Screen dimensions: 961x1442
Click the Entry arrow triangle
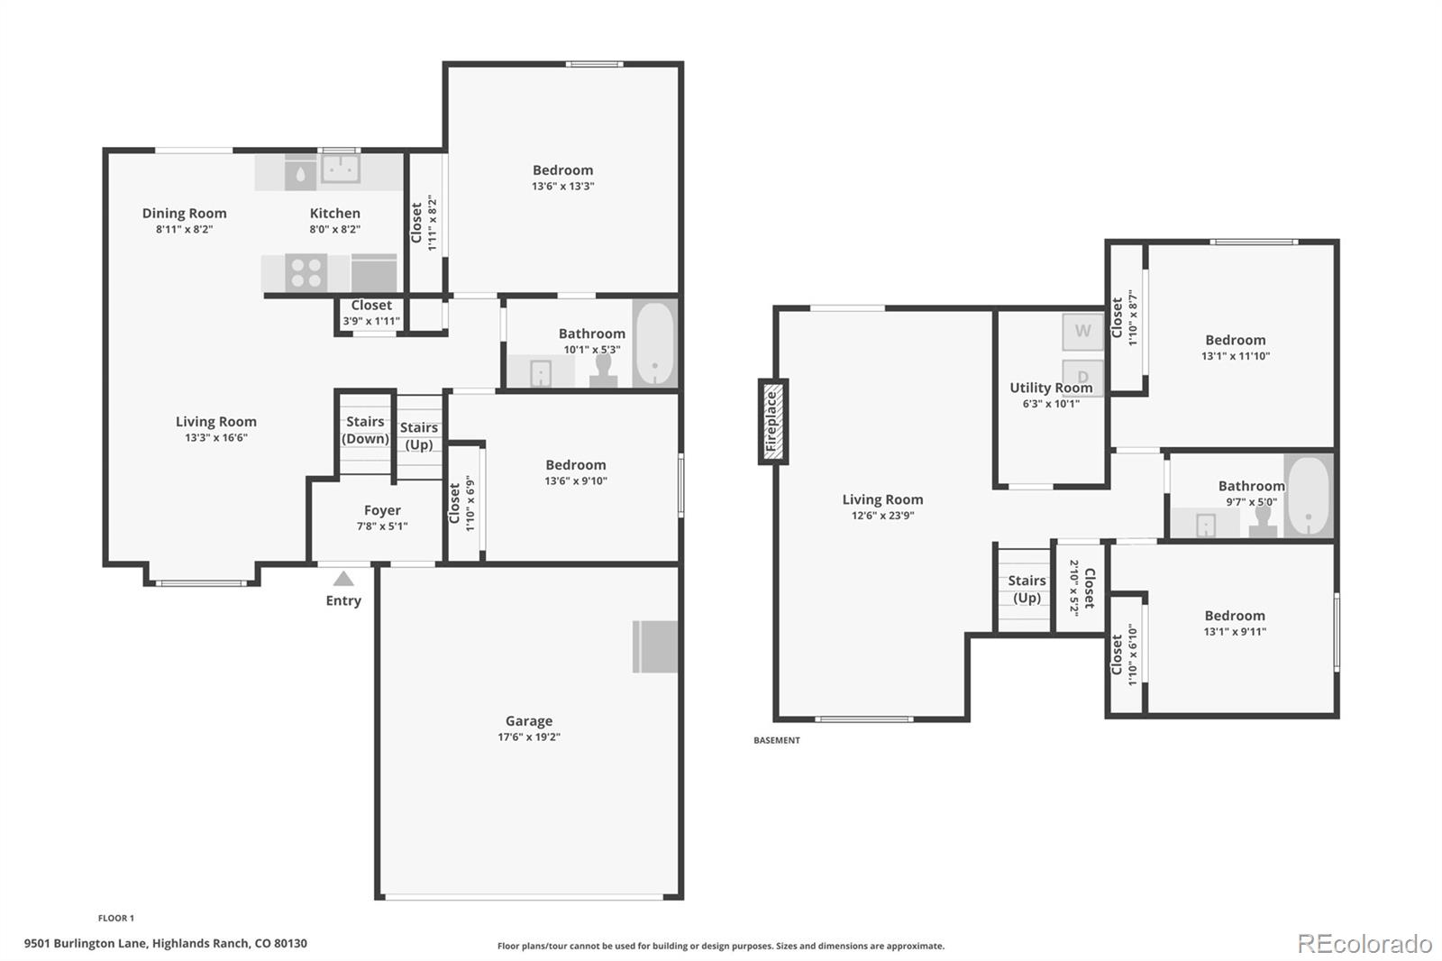pyautogui.click(x=343, y=579)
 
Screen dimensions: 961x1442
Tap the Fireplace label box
pyautogui.click(x=772, y=422)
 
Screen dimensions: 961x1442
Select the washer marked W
pyautogui.click(x=1082, y=332)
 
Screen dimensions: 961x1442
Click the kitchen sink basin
pyautogui.click(x=341, y=169)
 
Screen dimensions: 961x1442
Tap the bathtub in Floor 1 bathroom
pyautogui.click(x=654, y=344)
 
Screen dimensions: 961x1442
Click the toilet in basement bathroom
pyautogui.click(x=1264, y=521)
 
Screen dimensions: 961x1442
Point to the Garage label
pyautogui.click(x=529, y=721)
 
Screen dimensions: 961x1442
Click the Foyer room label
pyautogui.click(x=382, y=510)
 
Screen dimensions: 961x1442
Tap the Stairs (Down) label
pyautogui.click(x=365, y=430)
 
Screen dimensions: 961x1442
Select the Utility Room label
pyautogui.click(x=1051, y=388)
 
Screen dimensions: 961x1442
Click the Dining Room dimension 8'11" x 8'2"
pyautogui.click(x=184, y=230)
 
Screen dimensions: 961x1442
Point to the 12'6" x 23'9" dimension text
pyautogui.click(x=882, y=516)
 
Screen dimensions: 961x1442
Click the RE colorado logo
pyautogui.click(x=1364, y=944)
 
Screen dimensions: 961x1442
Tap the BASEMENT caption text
pyautogui.click(x=777, y=740)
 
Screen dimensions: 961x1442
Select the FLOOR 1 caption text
pyautogui.click(x=116, y=918)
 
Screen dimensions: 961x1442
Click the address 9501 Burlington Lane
pyautogui.click(x=166, y=944)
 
